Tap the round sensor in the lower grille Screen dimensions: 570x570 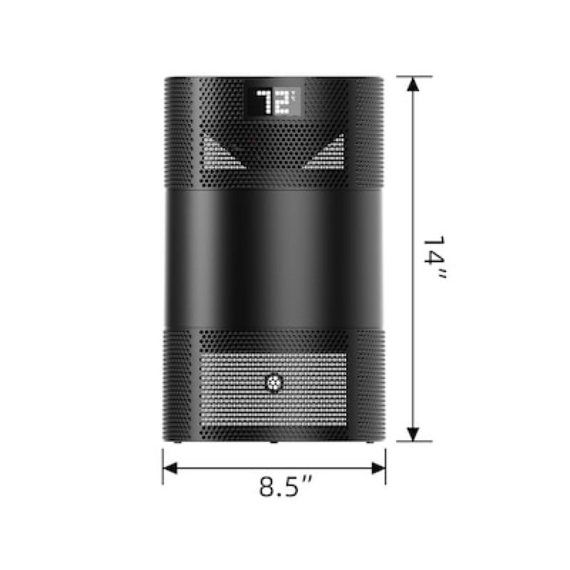[274, 383]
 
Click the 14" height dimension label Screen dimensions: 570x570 [432, 258]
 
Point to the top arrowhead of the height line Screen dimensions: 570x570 [412, 82]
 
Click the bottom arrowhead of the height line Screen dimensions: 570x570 [412, 435]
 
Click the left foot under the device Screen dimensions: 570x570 [178, 443]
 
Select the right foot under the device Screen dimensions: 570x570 [368, 443]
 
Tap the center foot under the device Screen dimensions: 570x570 [274, 443]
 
